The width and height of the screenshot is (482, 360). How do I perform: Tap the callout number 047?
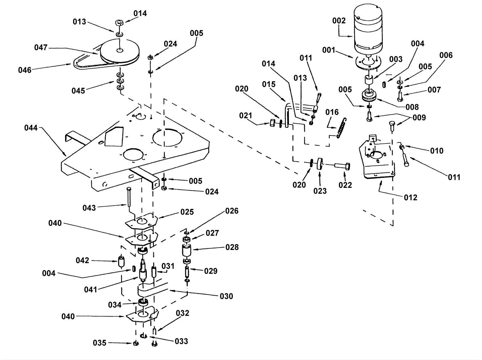pos(41,48)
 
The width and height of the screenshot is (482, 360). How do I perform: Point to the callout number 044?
pos(31,128)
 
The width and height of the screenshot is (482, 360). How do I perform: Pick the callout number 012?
pos(411,197)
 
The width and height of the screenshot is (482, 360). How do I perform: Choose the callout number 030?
pos(226,296)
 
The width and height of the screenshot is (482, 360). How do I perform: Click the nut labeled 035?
pos(136,343)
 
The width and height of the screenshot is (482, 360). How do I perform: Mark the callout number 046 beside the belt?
pos(25,70)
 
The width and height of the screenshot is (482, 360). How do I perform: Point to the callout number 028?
pos(232,247)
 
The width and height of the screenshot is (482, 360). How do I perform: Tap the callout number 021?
pos(246,116)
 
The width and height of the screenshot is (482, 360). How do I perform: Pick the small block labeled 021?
pos(272,123)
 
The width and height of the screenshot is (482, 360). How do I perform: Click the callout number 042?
pos(82,260)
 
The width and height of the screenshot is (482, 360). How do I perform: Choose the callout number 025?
pos(187,212)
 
